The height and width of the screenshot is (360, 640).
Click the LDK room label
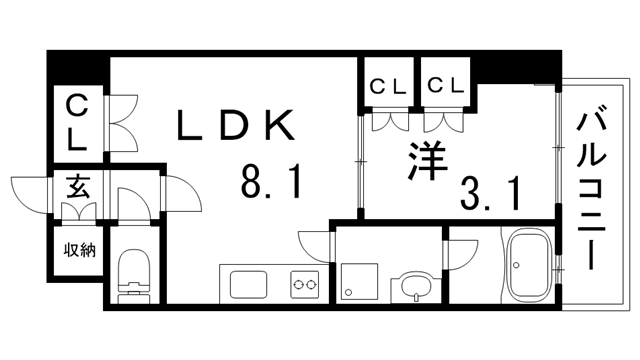point(236,126)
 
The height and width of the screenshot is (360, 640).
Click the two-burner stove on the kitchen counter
point(304,284)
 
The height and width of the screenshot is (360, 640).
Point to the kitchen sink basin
point(245,283)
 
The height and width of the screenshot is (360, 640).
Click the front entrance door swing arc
point(30,190)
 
